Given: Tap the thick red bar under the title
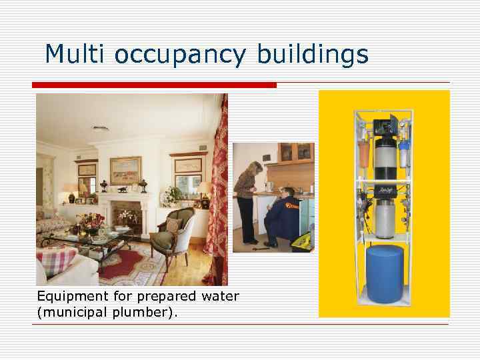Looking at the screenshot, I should click(x=154, y=85).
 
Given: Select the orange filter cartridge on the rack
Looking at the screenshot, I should click(x=364, y=154).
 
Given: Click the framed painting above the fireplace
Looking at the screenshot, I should click(x=125, y=170).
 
